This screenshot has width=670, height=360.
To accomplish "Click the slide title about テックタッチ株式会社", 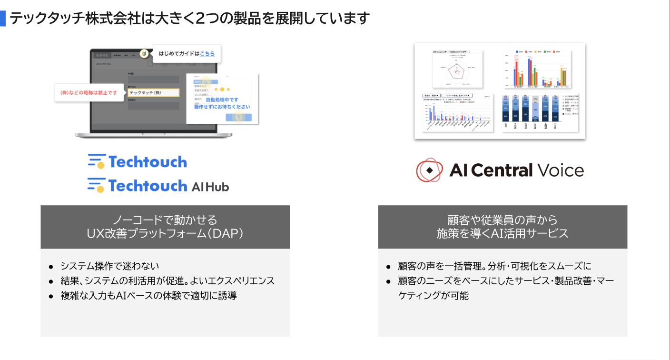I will click(189, 18).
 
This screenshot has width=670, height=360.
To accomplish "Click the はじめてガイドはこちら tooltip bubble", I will click(187, 54).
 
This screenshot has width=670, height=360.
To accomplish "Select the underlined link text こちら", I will click(207, 54).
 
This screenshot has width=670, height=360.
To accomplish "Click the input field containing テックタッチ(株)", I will click(154, 93).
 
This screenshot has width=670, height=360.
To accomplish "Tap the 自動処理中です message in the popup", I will click(222, 100).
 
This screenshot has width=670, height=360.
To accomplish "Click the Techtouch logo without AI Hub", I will click(138, 162).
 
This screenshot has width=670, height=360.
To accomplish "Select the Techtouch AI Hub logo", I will click(158, 185).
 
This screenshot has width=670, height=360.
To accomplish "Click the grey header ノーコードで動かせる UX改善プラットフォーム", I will click(165, 227).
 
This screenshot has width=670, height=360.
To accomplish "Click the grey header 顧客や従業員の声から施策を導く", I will click(502, 227).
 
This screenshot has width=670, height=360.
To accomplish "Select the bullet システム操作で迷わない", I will click(109, 266).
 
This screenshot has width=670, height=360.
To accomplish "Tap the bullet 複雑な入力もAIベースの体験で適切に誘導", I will click(148, 296).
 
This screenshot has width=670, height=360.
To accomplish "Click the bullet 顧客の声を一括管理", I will click(495, 266).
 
